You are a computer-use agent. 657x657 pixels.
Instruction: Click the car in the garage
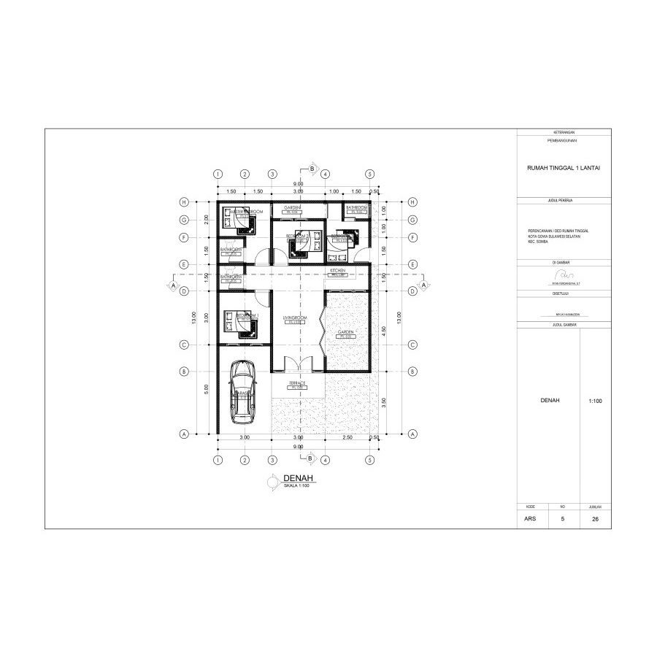point(241,392)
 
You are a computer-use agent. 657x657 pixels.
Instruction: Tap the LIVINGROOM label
point(293,319)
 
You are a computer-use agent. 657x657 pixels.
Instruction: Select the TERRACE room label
point(296,383)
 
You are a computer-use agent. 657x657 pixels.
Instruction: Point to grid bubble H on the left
point(185,202)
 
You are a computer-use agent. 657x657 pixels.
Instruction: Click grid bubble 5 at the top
point(370,174)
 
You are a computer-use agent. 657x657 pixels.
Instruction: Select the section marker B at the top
point(312,169)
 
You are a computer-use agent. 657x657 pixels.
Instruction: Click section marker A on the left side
point(173,285)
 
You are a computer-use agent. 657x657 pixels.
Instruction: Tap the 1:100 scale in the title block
point(595,401)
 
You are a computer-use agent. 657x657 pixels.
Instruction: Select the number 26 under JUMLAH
point(595,520)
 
